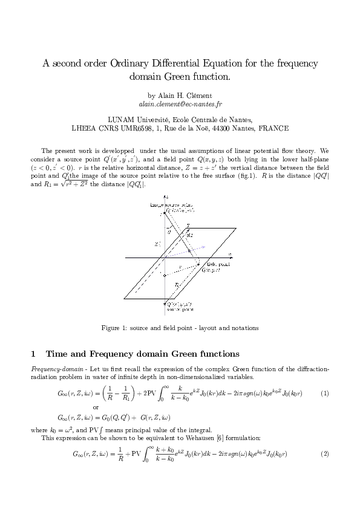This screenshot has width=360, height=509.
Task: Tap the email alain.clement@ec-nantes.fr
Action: (180, 104)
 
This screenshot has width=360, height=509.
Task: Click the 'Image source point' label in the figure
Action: (168, 206)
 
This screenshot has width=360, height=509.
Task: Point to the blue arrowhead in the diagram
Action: (204, 246)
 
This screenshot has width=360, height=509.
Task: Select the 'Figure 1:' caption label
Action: (114, 328)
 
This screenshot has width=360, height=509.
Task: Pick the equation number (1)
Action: (324, 394)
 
